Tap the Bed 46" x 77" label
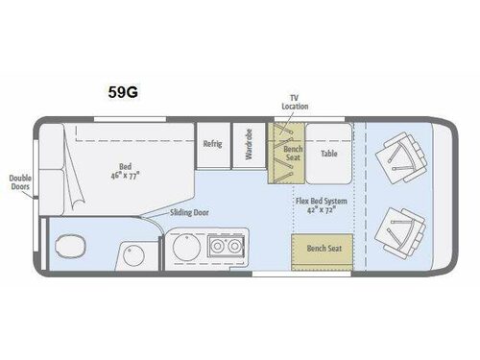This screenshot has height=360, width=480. [122, 171]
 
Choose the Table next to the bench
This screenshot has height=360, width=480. [329, 152]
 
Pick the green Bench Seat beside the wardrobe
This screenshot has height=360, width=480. [289, 153]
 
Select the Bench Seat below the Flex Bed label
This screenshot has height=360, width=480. [322, 248]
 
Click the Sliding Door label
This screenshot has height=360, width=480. [190, 213]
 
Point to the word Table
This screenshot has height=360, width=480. [329, 153]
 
